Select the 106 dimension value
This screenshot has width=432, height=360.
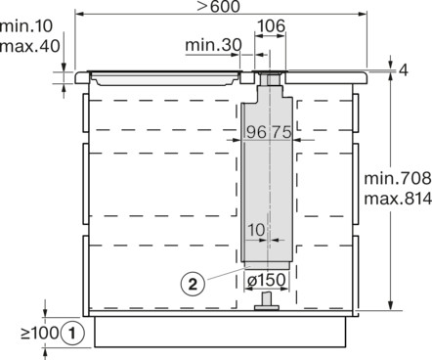tap(273, 26)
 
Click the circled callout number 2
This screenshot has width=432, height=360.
tap(196, 285)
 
